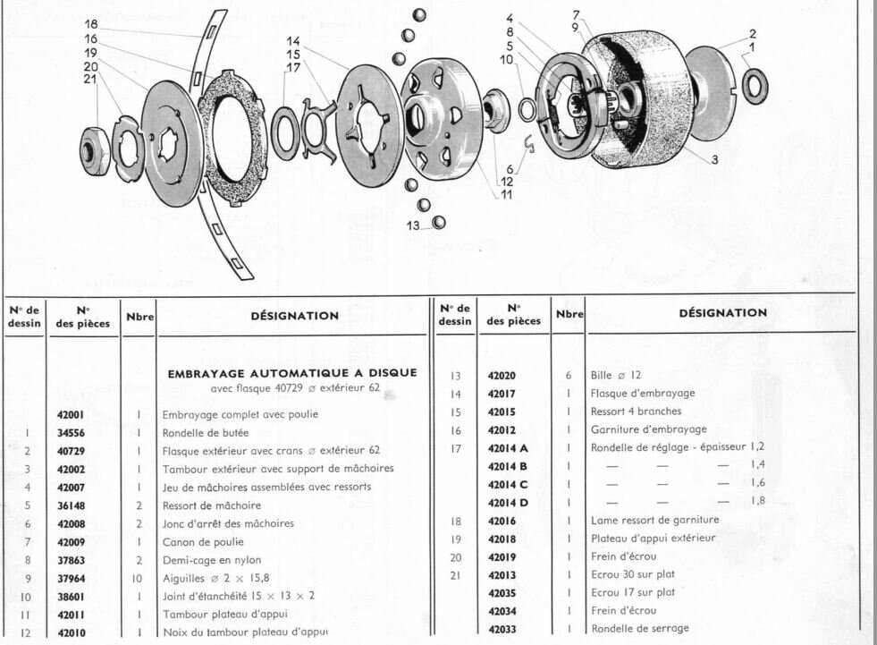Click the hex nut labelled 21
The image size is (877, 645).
(x=93, y=151)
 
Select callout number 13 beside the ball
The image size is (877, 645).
(x=413, y=225)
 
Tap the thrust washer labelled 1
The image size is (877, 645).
(x=755, y=86)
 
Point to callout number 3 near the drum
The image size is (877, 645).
(x=714, y=159)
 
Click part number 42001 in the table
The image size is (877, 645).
(x=71, y=415)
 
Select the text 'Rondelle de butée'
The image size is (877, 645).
(x=206, y=433)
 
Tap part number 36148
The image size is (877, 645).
(x=71, y=505)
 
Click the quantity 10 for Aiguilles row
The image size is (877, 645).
(x=137, y=579)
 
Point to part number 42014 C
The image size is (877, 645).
(x=508, y=485)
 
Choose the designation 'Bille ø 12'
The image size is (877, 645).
(x=616, y=375)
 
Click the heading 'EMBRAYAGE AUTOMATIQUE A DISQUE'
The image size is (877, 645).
(x=292, y=373)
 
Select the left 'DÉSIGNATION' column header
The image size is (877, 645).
(x=295, y=316)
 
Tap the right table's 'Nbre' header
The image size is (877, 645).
(x=569, y=314)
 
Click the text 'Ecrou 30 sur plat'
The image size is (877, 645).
(x=633, y=574)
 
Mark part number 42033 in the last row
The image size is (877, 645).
(x=502, y=629)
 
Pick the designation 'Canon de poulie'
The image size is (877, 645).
(x=203, y=542)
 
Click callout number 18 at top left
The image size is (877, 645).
(x=91, y=24)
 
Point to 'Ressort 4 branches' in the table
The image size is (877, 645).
(x=636, y=412)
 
